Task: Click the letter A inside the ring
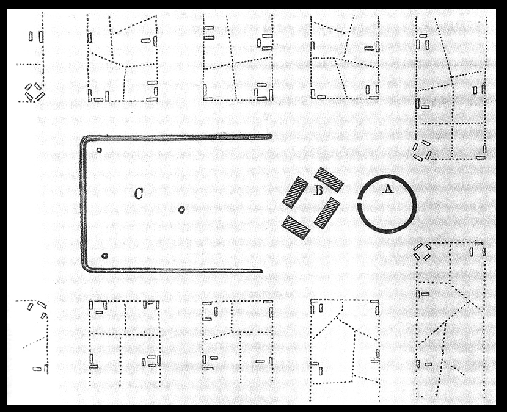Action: point(387,189)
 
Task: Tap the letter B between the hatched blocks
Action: point(318,190)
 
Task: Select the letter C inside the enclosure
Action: point(139,194)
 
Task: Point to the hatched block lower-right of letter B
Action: point(327,212)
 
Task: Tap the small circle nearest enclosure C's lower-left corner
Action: point(104,256)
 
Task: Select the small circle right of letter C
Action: point(181,210)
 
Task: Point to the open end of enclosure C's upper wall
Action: point(269,136)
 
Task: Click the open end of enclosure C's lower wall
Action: point(261,270)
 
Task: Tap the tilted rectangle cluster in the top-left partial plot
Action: point(34,92)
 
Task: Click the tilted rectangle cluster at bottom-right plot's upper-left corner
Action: point(422,251)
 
